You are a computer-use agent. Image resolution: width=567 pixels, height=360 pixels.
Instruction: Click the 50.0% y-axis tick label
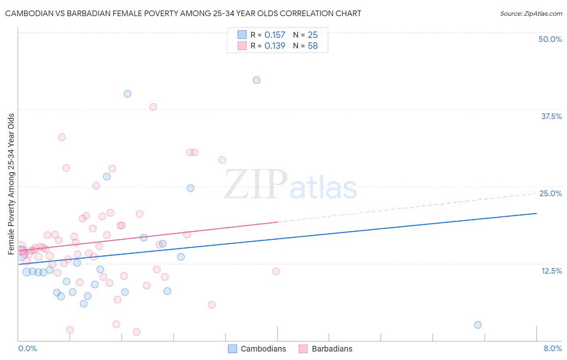550,39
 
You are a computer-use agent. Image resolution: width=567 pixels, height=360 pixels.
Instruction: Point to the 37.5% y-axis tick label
551,116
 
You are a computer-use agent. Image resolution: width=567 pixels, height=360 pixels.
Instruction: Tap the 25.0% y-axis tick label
550,193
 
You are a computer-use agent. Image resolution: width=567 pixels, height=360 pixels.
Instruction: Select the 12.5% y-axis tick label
551,271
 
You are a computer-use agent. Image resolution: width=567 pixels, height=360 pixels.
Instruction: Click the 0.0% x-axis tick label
27,348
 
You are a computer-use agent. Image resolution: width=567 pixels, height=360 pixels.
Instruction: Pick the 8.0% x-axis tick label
552,348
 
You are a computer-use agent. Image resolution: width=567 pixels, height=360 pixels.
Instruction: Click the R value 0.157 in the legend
275,35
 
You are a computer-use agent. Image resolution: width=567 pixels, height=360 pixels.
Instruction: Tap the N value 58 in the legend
313,46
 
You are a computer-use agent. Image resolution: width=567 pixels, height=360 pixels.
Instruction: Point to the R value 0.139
275,46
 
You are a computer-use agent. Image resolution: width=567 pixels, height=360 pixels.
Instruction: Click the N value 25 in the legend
313,35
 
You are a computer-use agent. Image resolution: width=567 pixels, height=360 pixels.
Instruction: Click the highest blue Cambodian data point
256,80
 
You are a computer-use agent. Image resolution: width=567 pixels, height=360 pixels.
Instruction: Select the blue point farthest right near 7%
478,325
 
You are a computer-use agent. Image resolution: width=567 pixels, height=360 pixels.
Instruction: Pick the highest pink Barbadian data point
153,107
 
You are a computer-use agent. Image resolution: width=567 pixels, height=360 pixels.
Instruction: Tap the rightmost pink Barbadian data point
276,271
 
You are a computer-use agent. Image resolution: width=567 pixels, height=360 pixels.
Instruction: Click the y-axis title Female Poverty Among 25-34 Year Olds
11,184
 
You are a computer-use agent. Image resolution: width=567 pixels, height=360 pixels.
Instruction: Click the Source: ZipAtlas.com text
531,14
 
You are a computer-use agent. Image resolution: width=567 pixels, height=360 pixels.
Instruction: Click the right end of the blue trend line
536,213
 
